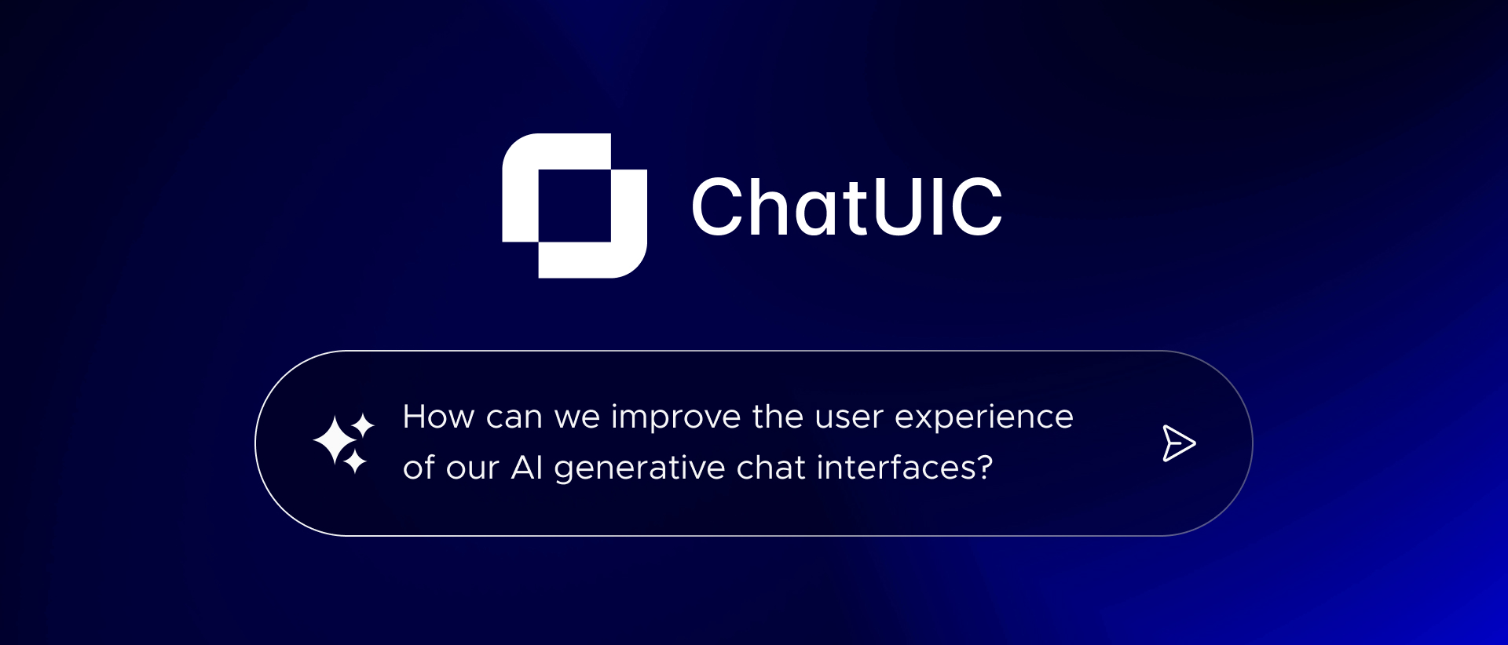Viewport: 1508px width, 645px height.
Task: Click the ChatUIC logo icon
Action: [574, 206]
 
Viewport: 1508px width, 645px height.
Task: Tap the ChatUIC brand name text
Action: [846, 207]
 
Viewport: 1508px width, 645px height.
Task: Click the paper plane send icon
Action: [1178, 443]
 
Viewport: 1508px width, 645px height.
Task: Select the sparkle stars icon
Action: [343, 443]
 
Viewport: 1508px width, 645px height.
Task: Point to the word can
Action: [514, 417]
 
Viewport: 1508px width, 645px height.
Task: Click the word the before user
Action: [778, 417]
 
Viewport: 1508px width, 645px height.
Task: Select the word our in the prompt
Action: [473, 468]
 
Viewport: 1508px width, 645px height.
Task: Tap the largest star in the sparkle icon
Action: [335, 441]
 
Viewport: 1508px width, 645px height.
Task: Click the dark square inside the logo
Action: [574, 206]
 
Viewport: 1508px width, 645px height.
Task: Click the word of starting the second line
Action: [419, 468]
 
